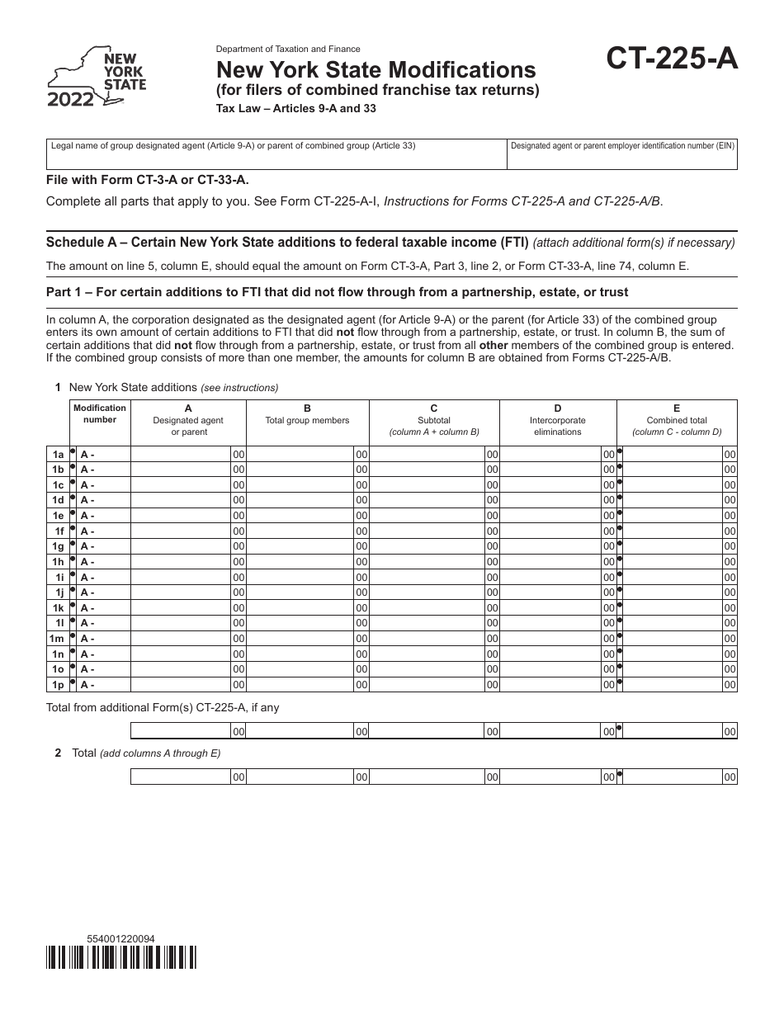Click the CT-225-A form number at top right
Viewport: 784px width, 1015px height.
click(673, 60)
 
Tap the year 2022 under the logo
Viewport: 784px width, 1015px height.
click(71, 101)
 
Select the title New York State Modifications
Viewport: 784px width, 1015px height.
click(375, 69)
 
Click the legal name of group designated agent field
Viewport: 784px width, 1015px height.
click(276, 154)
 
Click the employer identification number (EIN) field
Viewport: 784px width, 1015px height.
click(622, 154)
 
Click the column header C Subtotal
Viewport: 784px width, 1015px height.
click(434, 420)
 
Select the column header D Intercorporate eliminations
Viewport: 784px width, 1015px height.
click(558, 420)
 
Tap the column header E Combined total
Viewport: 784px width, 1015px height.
click(677, 420)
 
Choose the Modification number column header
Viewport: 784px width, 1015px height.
click(100, 413)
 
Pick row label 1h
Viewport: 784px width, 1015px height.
click(58, 562)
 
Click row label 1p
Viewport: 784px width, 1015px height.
click(58, 685)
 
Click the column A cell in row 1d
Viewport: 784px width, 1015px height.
click(181, 500)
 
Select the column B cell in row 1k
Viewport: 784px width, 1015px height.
click(300, 608)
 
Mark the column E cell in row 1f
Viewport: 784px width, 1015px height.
click(672, 531)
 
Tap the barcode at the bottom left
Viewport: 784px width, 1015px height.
click(122, 957)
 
